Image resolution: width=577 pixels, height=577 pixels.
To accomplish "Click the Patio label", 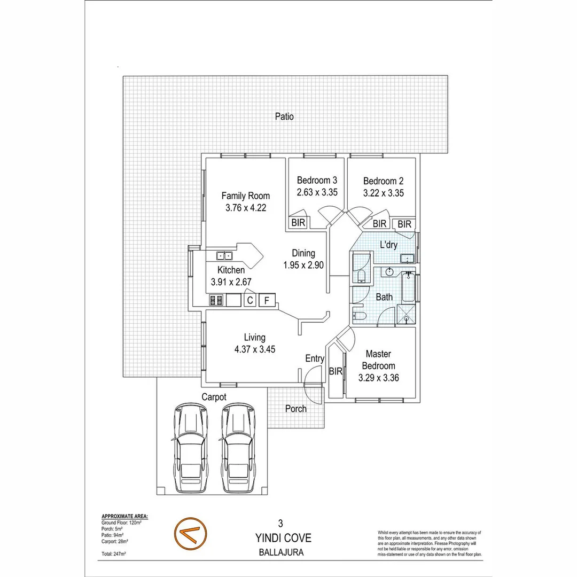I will coord(284,116).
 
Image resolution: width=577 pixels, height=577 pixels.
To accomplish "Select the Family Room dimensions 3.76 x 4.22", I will coord(245,208).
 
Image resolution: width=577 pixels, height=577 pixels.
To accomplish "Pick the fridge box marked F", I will coord(267,300).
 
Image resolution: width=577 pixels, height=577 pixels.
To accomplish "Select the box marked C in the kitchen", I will coord(249,300).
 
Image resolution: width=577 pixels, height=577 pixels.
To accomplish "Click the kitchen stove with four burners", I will coord(216,300).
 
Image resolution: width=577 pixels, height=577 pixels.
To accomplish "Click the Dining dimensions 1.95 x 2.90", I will coord(303,265).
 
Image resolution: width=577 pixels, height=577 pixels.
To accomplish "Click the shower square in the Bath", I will coord(406,315).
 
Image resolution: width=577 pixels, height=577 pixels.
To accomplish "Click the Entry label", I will coord(315,358).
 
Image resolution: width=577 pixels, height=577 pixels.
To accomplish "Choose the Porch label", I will coord(295,409).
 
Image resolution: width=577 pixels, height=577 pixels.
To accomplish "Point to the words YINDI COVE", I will coord(288,538).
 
